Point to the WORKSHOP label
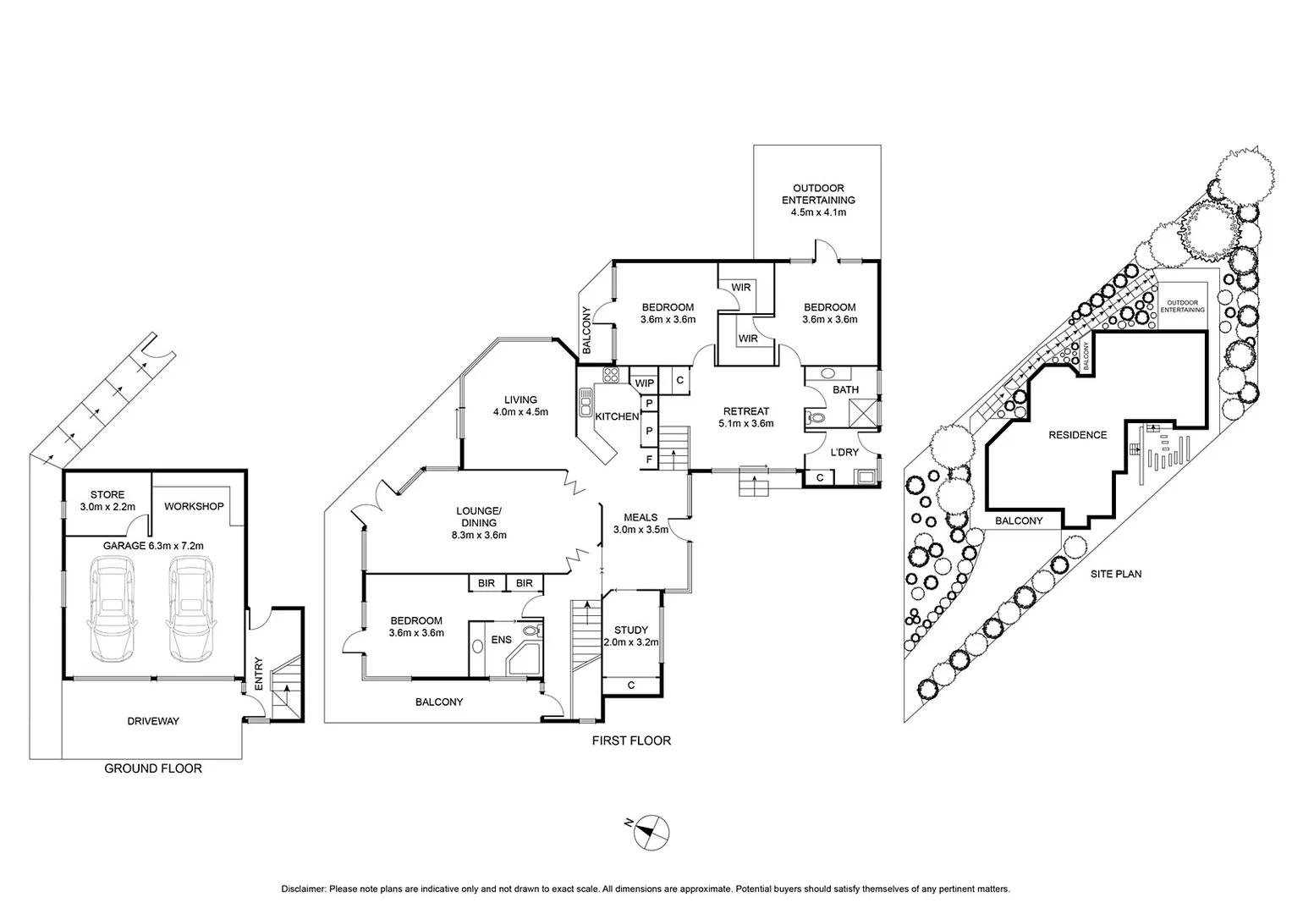tap(194, 506)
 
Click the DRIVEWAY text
tap(153, 721)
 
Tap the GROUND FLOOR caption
tap(153, 768)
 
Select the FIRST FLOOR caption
tap(631, 741)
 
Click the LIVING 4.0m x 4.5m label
tap(520, 406)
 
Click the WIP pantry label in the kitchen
tap(645, 383)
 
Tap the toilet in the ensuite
tap(531, 630)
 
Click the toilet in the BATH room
tap(818, 417)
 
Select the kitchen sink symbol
tap(585, 402)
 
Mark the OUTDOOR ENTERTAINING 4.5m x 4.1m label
tap(818, 200)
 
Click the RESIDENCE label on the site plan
tap(1077, 435)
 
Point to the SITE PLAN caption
tap(1116, 574)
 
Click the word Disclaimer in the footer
tap(303, 889)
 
